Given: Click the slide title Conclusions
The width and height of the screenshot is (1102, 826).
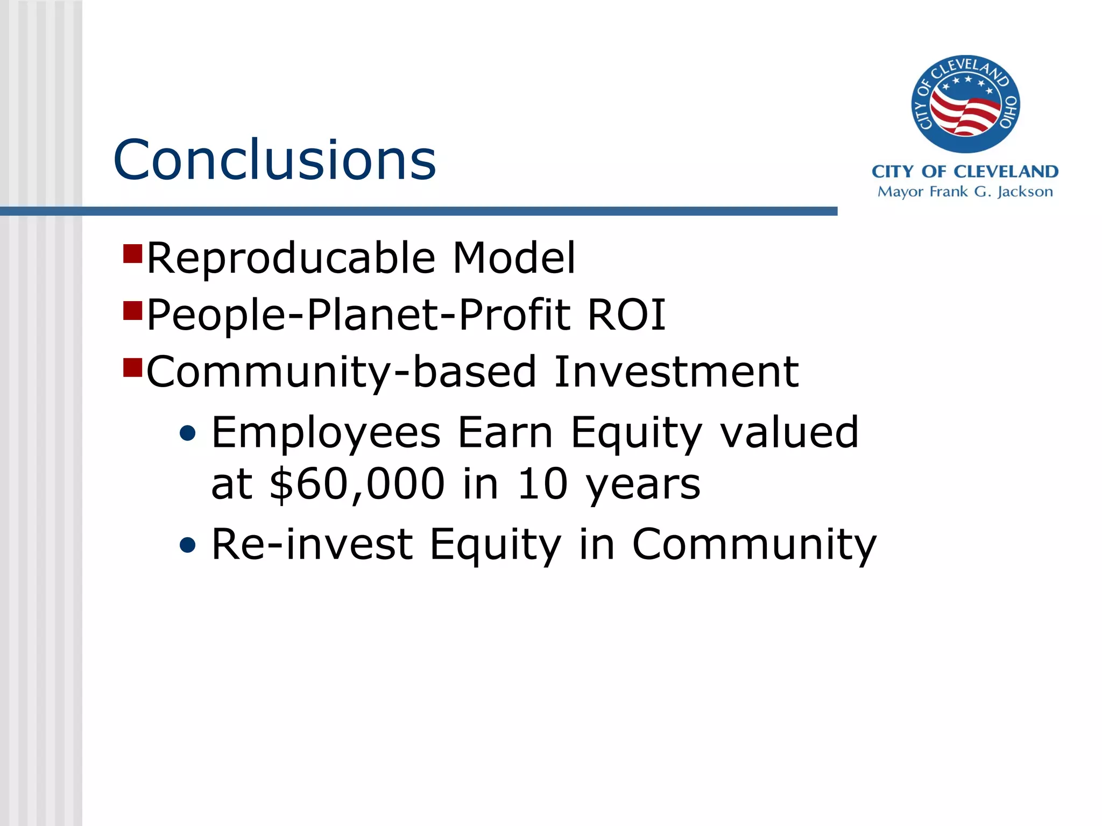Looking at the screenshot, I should click(274, 160).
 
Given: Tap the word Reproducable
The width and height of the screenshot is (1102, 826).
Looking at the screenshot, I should click(291, 258).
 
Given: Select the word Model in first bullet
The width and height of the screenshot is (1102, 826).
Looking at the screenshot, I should click(514, 258).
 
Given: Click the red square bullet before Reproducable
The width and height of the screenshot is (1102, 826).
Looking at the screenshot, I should click(132, 253).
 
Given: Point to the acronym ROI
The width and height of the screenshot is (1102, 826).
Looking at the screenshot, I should click(626, 315).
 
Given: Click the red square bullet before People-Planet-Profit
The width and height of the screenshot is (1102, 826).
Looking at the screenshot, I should click(132, 310).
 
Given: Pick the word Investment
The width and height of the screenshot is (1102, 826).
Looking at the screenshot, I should click(676, 372).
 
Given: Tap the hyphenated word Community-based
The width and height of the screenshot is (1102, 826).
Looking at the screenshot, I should click(341, 372).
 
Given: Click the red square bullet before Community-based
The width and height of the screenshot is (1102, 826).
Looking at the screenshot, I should click(132, 367).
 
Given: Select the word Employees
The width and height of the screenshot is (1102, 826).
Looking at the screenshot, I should click(326, 433).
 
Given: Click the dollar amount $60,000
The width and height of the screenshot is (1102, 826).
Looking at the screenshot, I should click(357, 483).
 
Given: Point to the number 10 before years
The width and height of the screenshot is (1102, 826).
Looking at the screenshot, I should click(542, 483).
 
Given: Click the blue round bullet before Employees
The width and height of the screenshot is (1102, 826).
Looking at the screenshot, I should click(188, 433).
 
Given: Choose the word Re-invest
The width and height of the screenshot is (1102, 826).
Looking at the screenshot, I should click(312, 544).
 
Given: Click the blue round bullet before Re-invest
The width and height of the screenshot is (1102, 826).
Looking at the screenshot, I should click(188, 545).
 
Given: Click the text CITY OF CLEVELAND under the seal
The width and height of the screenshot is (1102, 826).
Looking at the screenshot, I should click(965, 172).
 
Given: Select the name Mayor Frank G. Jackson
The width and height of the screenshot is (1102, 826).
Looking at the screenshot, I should click(965, 192).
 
